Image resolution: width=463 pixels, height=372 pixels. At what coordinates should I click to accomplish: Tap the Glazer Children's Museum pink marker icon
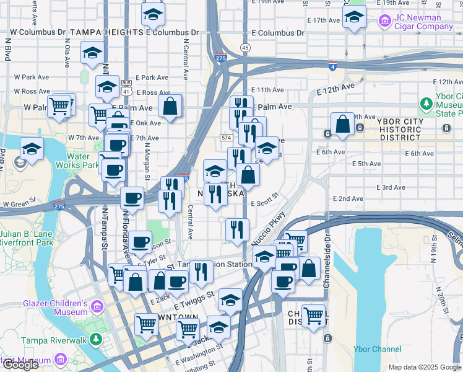pos(97,306)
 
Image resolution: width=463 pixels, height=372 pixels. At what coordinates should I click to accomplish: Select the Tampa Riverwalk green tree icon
pos(95,339)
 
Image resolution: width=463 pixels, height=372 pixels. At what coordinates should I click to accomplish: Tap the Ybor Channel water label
pos(377,349)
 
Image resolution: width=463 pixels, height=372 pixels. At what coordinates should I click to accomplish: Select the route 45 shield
pos(246,48)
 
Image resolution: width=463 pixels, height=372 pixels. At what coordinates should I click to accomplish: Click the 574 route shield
pos(227,137)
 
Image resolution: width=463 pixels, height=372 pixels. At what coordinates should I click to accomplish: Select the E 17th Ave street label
pos(326,20)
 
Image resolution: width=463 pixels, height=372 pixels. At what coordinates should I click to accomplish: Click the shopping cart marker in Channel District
pos(314,315)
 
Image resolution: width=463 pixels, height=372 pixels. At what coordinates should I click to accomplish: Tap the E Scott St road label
pos(265,203)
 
